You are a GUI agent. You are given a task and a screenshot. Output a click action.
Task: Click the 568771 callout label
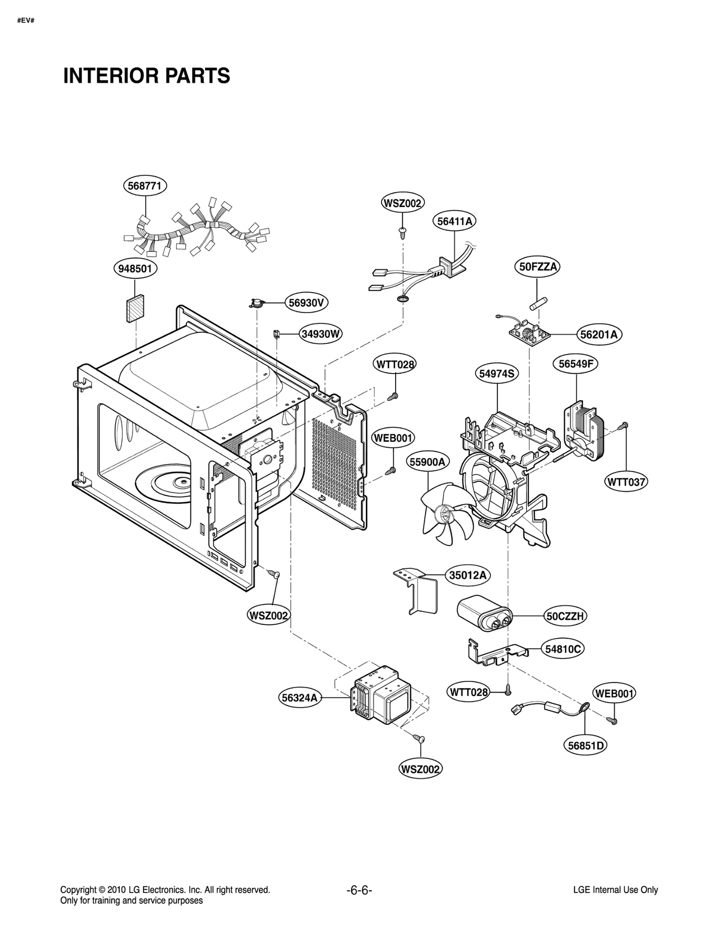coord(144,186)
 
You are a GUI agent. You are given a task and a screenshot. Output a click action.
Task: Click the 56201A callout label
coord(598,334)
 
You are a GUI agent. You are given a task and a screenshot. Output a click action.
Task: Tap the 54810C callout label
coord(563,649)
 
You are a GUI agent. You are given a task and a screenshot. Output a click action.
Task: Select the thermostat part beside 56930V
coord(257,304)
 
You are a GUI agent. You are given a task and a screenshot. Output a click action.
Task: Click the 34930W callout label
coord(320,334)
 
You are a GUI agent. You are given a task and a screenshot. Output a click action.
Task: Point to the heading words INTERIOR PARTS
coord(147,76)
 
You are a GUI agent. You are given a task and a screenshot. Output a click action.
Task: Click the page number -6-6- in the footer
coord(359,890)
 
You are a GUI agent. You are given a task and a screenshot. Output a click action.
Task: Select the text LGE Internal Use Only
coord(615,890)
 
